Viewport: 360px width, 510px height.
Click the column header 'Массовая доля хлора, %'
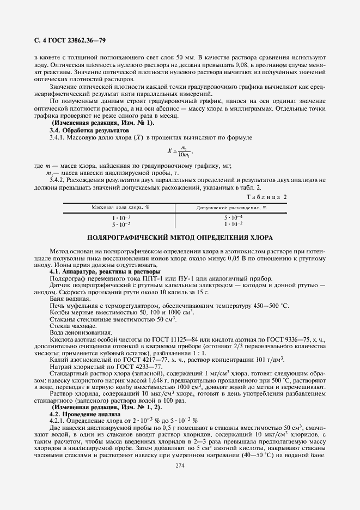pos(120,207)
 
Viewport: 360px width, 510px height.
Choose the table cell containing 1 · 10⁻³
pos(120,217)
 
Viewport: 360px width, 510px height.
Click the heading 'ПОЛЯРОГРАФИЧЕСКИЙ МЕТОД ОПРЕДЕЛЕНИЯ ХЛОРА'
pos(180,238)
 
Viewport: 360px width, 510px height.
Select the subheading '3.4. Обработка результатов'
pos(90,131)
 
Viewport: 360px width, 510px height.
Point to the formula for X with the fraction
pos(181,151)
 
